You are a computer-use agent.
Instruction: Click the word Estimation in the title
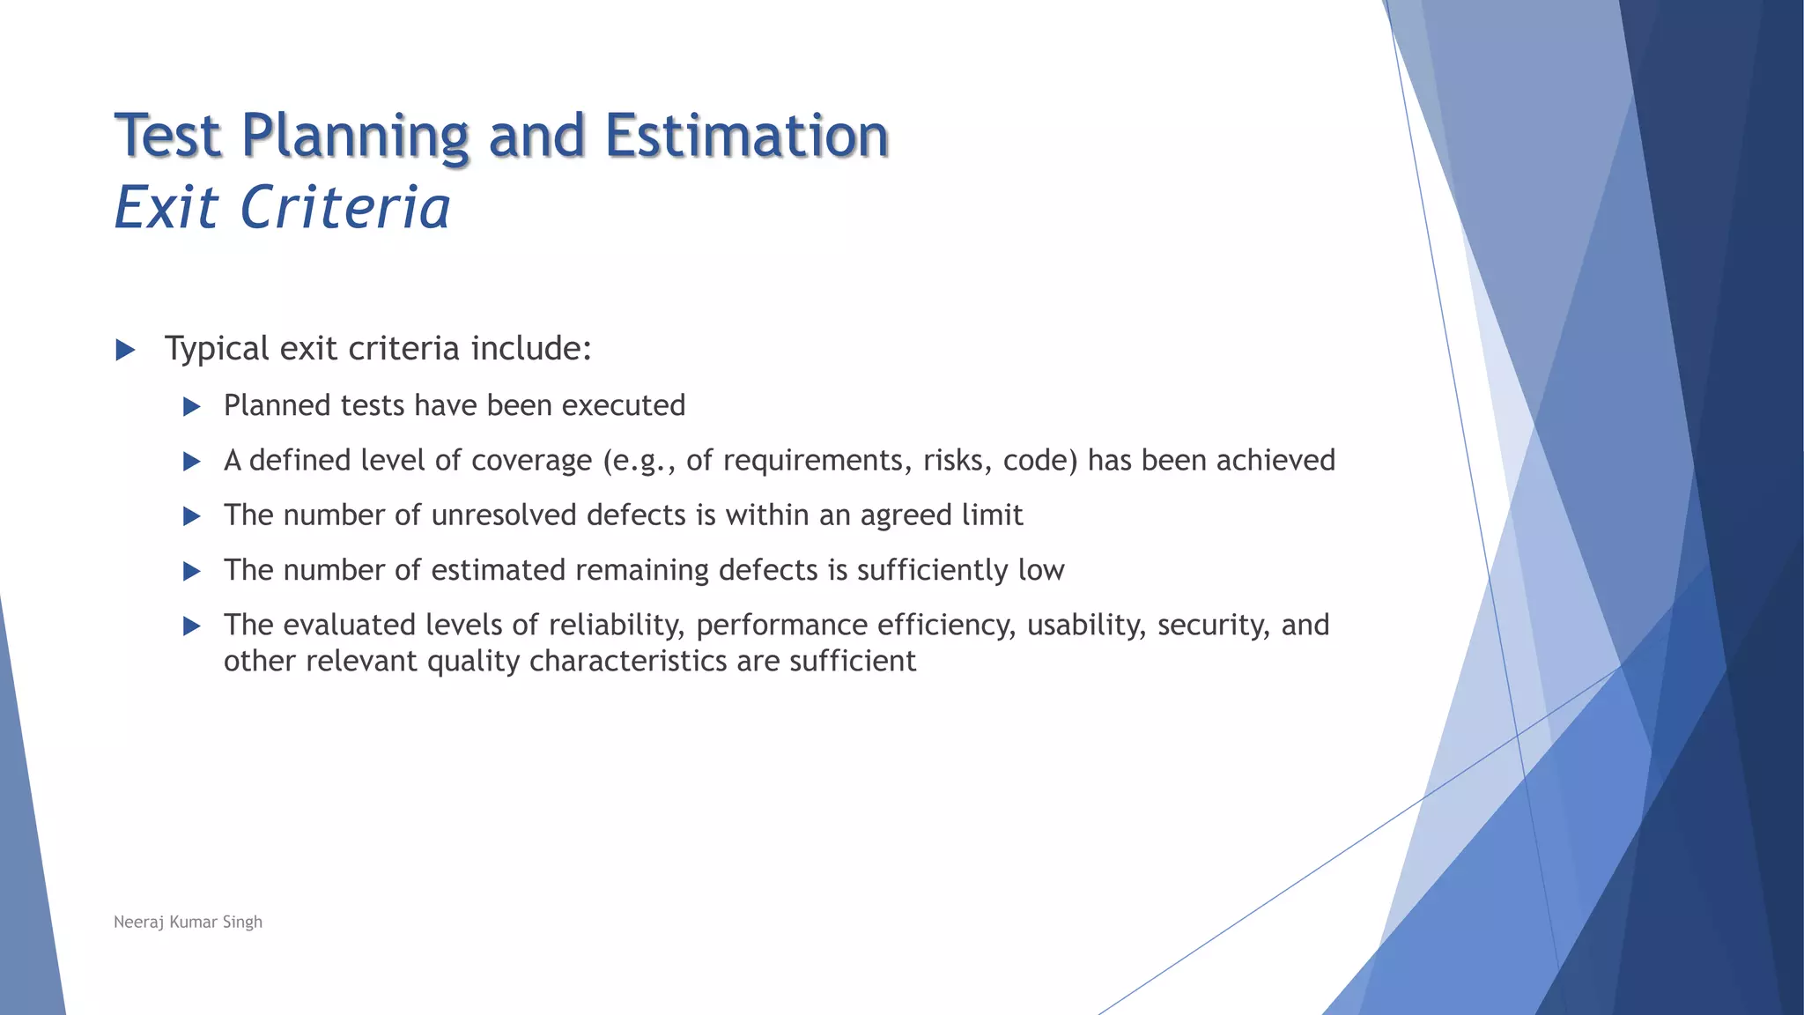tap(746, 136)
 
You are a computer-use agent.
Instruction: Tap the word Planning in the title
tap(354, 136)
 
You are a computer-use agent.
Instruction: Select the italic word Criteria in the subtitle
tap(344, 208)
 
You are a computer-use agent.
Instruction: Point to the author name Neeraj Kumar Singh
tap(188, 922)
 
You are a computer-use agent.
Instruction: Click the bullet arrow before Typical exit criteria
tap(125, 350)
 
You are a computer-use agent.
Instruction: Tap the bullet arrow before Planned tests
tap(191, 406)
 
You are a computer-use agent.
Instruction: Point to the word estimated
tap(498, 570)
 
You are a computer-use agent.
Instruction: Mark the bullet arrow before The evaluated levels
tap(191, 626)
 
